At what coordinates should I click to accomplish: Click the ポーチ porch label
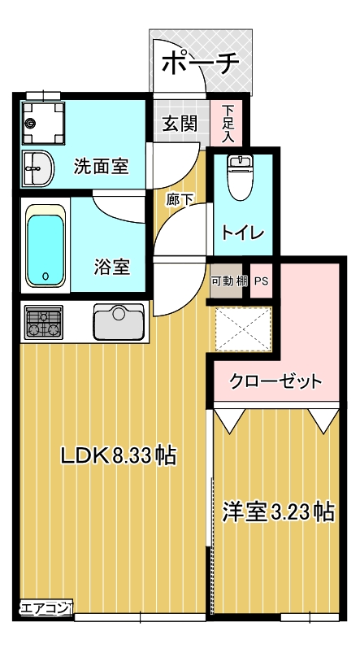pyautogui.click(x=202, y=63)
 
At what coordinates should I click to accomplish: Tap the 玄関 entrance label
pyautogui.click(x=179, y=124)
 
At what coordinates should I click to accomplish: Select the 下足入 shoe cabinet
pyautogui.click(x=228, y=124)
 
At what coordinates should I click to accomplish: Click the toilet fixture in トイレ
pyautogui.click(x=240, y=178)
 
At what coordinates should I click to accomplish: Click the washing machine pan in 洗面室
pyautogui.click(x=42, y=124)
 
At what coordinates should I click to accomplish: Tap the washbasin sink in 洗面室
pyautogui.click(x=37, y=170)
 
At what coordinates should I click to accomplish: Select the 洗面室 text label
pyautogui.click(x=101, y=167)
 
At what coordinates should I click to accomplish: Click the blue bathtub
pyautogui.click(x=46, y=247)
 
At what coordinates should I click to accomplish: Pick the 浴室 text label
pyautogui.click(x=112, y=267)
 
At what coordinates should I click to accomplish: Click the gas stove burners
pyautogui.click(x=44, y=321)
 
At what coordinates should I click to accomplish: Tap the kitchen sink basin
pyautogui.click(x=119, y=322)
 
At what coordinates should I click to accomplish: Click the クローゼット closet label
pyautogui.click(x=275, y=381)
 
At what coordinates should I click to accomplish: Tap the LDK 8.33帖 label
pyautogui.click(x=119, y=456)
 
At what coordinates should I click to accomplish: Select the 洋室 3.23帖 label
pyautogui.click(x=278, y=512)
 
